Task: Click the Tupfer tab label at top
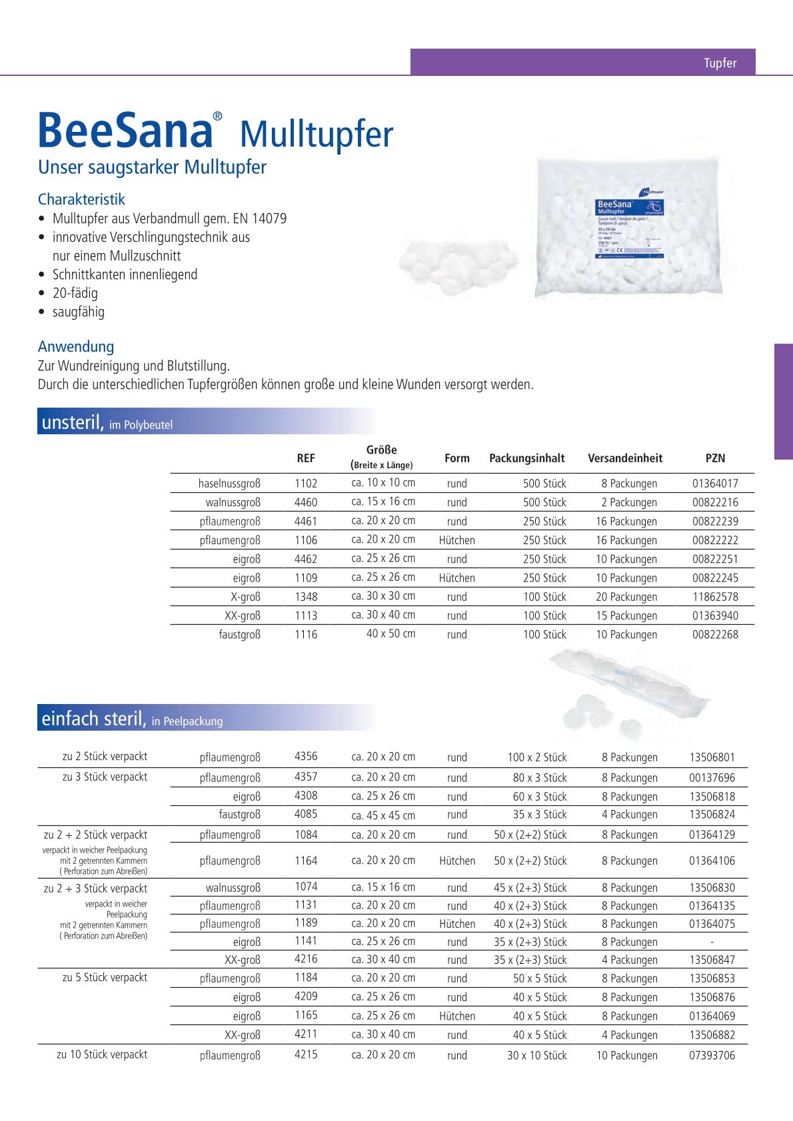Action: tap(720, 63)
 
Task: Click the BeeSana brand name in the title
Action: tap(125, 131)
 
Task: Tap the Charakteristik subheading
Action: tap(81, 199)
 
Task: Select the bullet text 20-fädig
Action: tap(75, 293)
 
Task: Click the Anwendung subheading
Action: tap(76, 346)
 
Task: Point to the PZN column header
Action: tap(715, 458)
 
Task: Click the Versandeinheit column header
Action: tap(625, 458)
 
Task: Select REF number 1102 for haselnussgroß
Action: tap(306, 484)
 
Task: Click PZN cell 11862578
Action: tap(715, 597)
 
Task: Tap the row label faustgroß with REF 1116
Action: tap(240, 635)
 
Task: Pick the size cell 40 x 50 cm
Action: tap(391, 633)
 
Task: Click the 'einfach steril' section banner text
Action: tap(93, 719)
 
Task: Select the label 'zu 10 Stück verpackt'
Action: tap(102, 1054)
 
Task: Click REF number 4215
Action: tap(306, 1054)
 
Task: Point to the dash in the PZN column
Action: tap(712, 942)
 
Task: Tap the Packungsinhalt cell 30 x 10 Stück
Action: tap(536, 1055)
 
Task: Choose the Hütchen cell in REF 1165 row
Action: tap(457, 1016)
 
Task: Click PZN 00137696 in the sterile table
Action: tap(712, 777)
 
